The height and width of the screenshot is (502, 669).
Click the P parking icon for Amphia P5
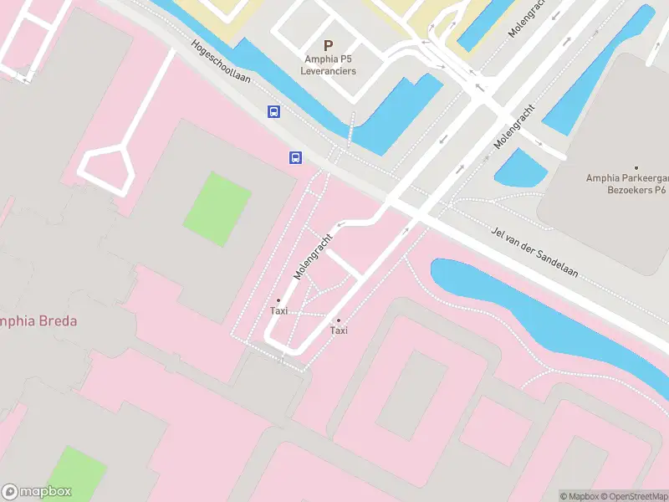pyautogui.click(x=328, y=45)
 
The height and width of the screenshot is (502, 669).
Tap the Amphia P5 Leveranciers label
pyautogui.click(x=329, y=65)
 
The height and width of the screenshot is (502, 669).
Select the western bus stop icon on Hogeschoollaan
pyautogui.click(x=273, y=111)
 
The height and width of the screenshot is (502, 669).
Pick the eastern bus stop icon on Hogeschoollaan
pyautogui.click(x=295, y=157)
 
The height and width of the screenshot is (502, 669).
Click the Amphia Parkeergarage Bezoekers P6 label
pyautogui.click(x=626, y=184)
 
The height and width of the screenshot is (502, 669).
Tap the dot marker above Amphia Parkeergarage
pyautogui.click(x=636, y=167)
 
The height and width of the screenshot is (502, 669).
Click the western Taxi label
pyautogui.click(x=278, y=311)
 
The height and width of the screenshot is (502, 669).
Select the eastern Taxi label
pyautogui.click(x=339, y=330)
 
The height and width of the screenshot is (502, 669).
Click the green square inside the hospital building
pyautogui.click(x=217, y=208)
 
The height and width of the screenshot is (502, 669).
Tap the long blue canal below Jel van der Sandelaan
pyautogui.click(x=535, y=314)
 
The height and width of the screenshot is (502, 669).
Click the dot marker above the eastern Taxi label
pyautogui.click(x=339, y=320)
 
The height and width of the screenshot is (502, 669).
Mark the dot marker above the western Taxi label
pyautogui.click(x=278, y=300)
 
